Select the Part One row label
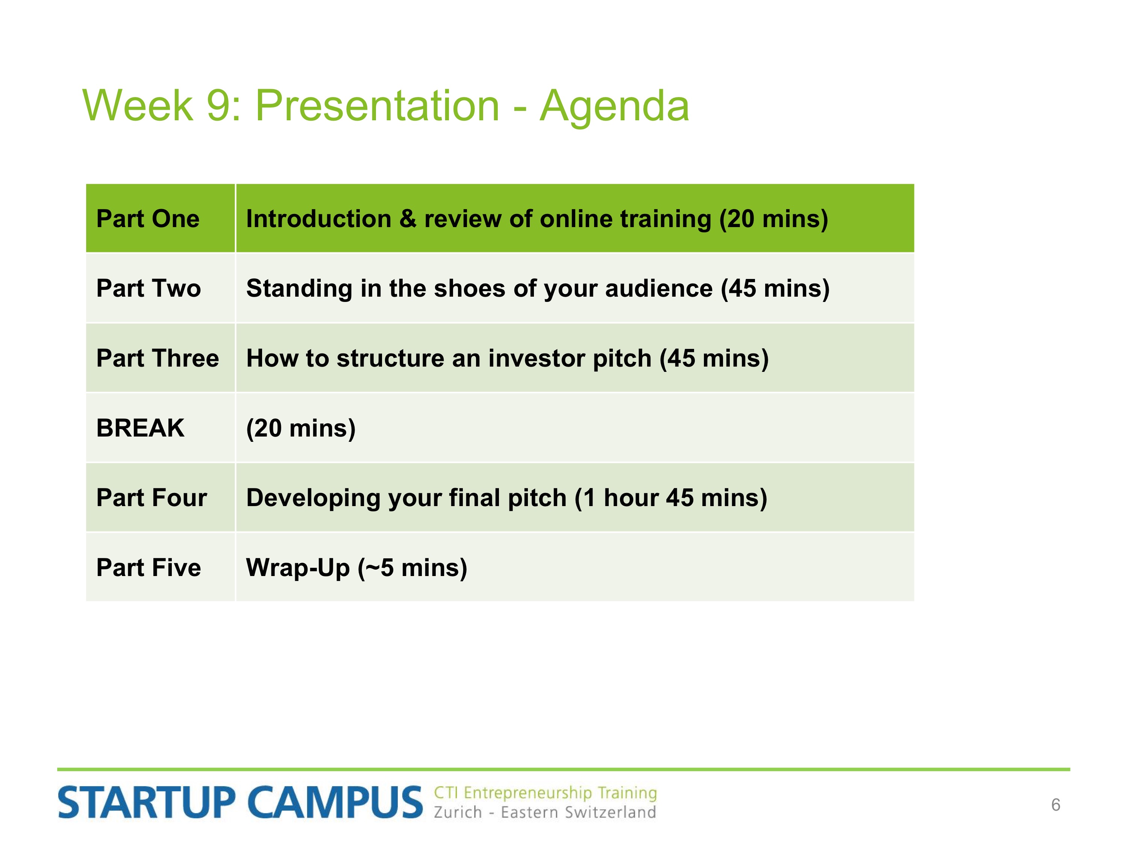(148, 219)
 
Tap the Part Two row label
(149, 289)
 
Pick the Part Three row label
(158, 358)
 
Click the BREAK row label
(140, 428)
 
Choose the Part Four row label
(152, 498)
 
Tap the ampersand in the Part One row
(408, 219)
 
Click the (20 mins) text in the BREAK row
(301, 428)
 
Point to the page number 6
(1055, 805)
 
